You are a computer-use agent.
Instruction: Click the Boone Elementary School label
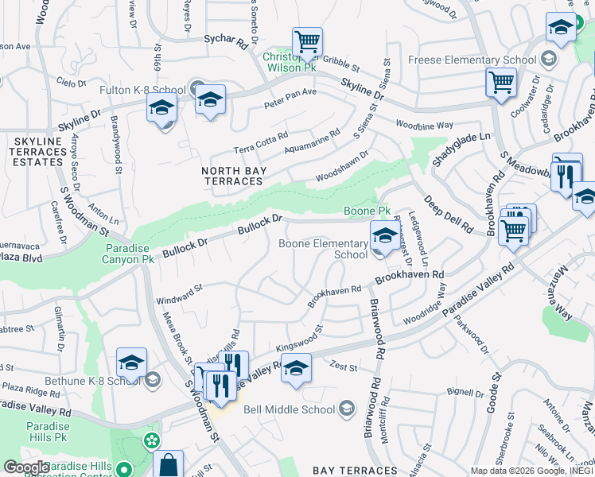click(x=323, y=249)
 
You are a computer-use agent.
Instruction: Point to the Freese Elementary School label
click(x=472, y=60)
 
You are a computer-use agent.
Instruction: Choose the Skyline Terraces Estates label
click(x=37, y=151)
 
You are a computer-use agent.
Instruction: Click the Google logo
click(x=26, y=467)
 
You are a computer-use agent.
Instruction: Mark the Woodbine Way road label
click(x=424, y=125)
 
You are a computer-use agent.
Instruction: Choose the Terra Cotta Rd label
click(x=260, y=143)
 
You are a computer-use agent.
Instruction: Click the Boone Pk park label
click(x=367, y=211)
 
